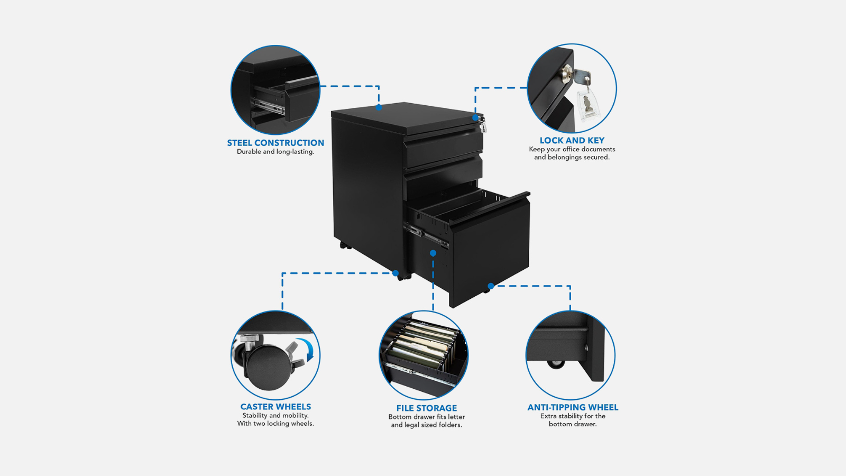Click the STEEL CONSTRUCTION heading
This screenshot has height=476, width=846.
pos(275,143)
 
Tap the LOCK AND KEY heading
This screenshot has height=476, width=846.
pos(572,141)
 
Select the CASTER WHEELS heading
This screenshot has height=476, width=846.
pos(275,407)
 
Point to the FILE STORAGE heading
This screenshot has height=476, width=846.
pos(426,408)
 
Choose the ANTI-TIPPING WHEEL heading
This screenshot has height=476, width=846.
pos(573,407)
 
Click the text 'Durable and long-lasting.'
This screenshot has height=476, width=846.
pos(275,152)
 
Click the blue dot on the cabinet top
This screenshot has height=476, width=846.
pos(379,108)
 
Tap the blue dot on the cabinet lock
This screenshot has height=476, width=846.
pos(475,118)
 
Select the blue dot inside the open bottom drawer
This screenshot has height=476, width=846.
pos(433,253)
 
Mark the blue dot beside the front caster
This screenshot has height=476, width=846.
pos(396,273)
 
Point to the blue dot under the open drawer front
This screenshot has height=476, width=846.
pos(491,286)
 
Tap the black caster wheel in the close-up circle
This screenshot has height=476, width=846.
pos(269,368)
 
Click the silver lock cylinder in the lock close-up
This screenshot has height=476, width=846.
pos(567,74)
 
